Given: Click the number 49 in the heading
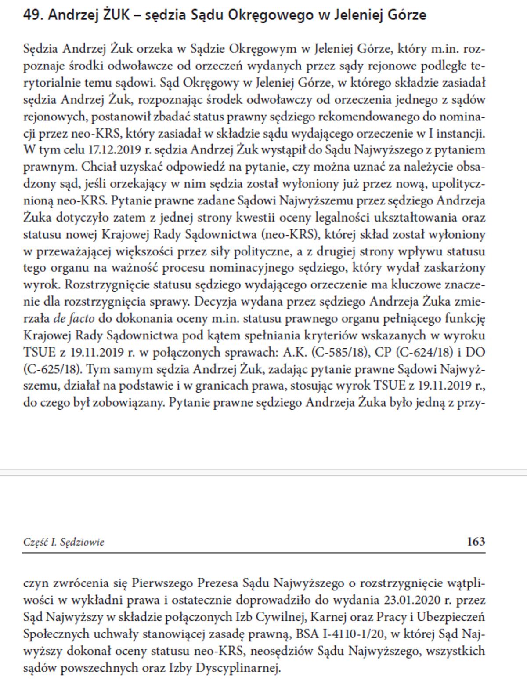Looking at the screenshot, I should click(x=32, y=15).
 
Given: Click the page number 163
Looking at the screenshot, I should click(x=476, y=541).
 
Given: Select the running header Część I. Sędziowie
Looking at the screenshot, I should click(x=64, y=542).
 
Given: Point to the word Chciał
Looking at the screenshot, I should click(x=96, y=167).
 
